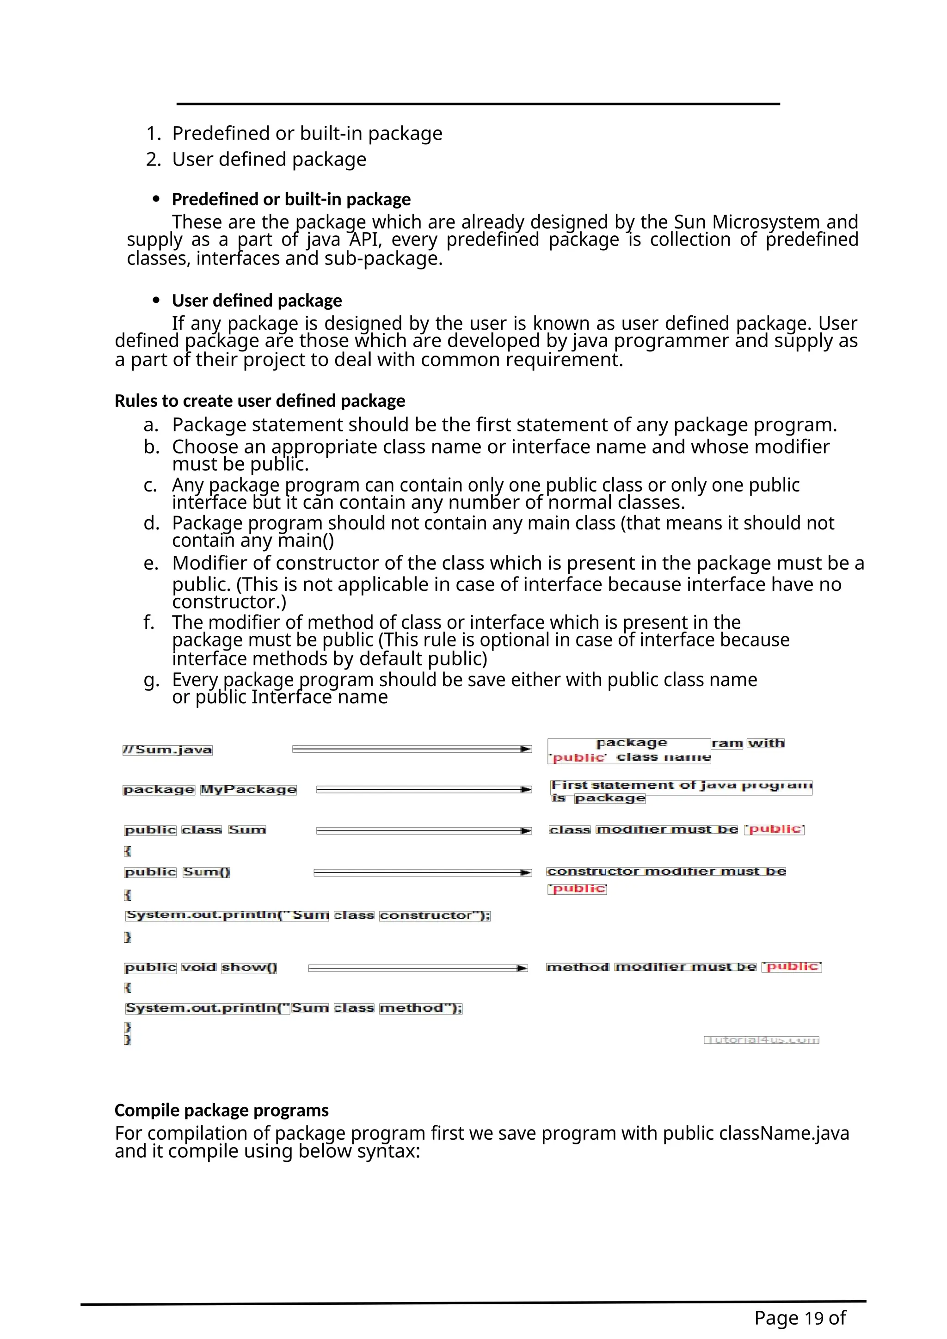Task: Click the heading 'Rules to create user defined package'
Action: click(x=259, y=401)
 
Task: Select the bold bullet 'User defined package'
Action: click(x=257, y=301)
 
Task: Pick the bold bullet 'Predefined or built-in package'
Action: click(x=291, y=199)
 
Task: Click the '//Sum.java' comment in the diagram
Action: click(x=167, y=749)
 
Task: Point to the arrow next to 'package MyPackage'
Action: click(x=424, y=789)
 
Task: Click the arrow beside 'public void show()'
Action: click(x=418, y=968)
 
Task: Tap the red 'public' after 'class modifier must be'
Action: click(x=775, y=829)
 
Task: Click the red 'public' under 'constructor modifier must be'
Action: click(x=577, y=889)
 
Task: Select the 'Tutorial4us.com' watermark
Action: click(x=761, y=1040)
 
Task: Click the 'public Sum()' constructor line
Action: click(x=177, y=872)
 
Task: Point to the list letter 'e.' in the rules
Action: click(x=151, y=563)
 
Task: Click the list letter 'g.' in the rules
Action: click(x=151, y=681)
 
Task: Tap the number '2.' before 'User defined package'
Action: click(x=154, y=159)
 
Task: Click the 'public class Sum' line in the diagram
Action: click(x=195, y=830)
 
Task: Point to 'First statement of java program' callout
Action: click(x=681, y=786)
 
